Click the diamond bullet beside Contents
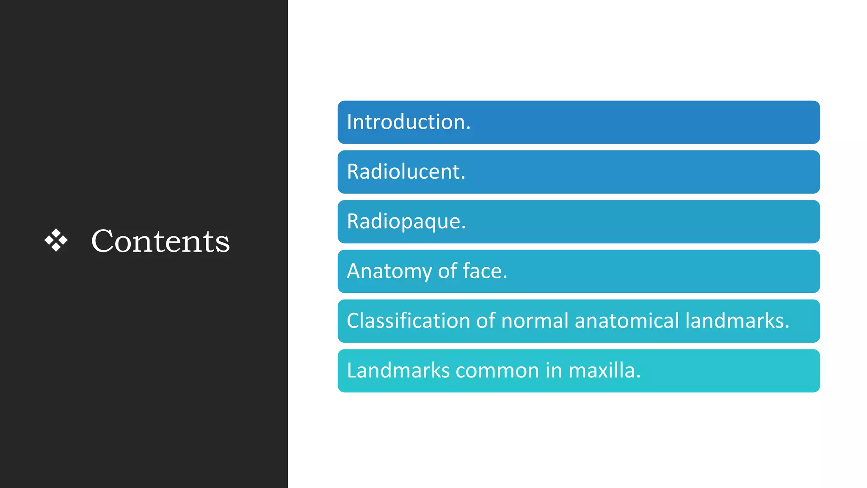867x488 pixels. pyautogui.click(x=56, y=240)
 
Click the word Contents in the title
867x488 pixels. pyautogui.click(x=160, y=241)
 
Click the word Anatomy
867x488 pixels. pyautogui.click(x=389, y=271)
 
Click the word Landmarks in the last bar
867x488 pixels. pyautogui.click(x=398, y=371)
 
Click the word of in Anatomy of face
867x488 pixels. pyautogui.click(x=447, y=271)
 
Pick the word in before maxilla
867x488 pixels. pyautogui.click(x=553, y=371)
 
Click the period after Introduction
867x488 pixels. pyautogui.click(x=468, y=128)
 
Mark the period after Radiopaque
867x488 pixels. pyautogui.click(x=464, y=228)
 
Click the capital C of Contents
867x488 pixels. pyautogui.click(x=103, y=241)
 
